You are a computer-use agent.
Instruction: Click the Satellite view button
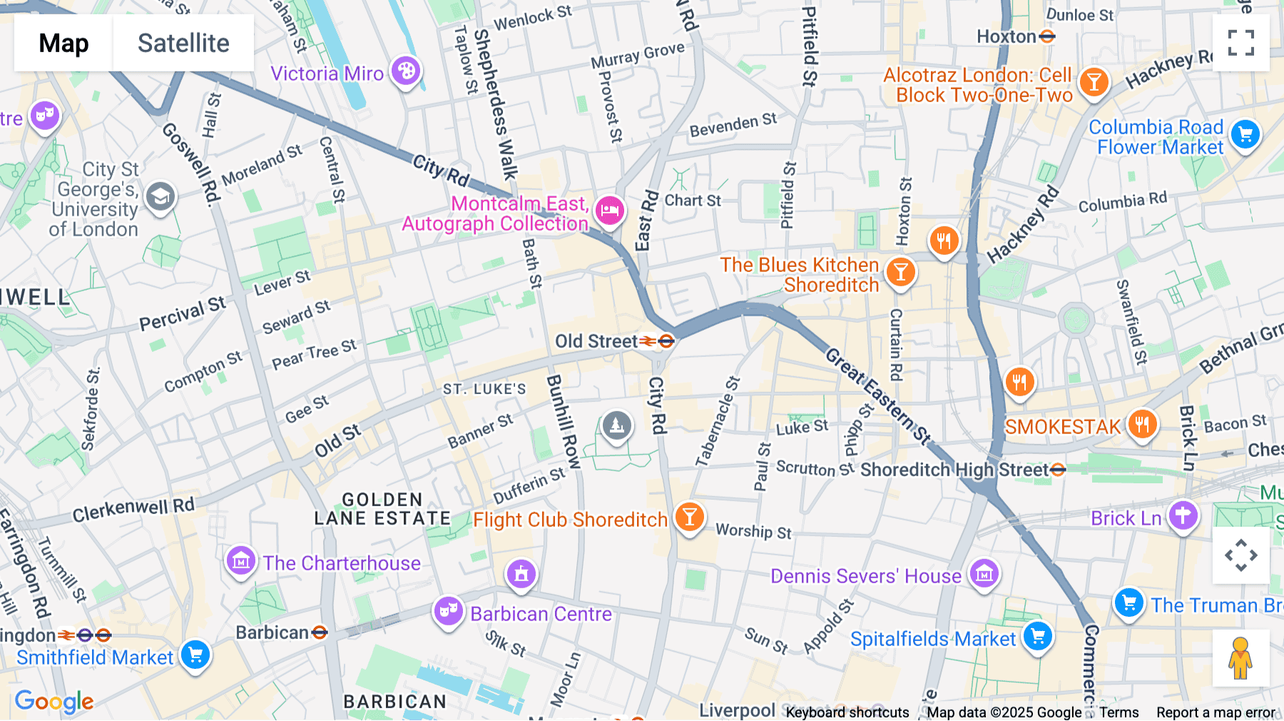point(183,43)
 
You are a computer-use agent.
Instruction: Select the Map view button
point(63,43)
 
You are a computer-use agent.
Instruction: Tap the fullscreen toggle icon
point(1240,43)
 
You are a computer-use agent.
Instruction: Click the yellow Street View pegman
point(1240,658)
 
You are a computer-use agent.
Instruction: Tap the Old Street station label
point(597,342)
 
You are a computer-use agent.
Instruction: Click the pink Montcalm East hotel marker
point(609,210)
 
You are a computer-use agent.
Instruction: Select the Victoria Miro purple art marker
point(406,71)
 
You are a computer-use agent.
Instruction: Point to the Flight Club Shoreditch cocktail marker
point(689,516)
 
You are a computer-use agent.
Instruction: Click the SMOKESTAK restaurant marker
point(1141,424)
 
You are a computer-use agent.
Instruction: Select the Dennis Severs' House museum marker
point(984,573)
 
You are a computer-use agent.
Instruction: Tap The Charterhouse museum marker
point(240,561)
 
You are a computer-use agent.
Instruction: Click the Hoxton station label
point(1007,36)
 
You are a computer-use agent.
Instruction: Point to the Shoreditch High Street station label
point(954,470)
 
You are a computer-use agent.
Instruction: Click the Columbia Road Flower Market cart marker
point(1245,133)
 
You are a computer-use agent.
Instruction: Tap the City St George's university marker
point(160,196)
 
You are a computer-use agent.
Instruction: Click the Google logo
point(54,702)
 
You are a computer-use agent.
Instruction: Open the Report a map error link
point(1216,712)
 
